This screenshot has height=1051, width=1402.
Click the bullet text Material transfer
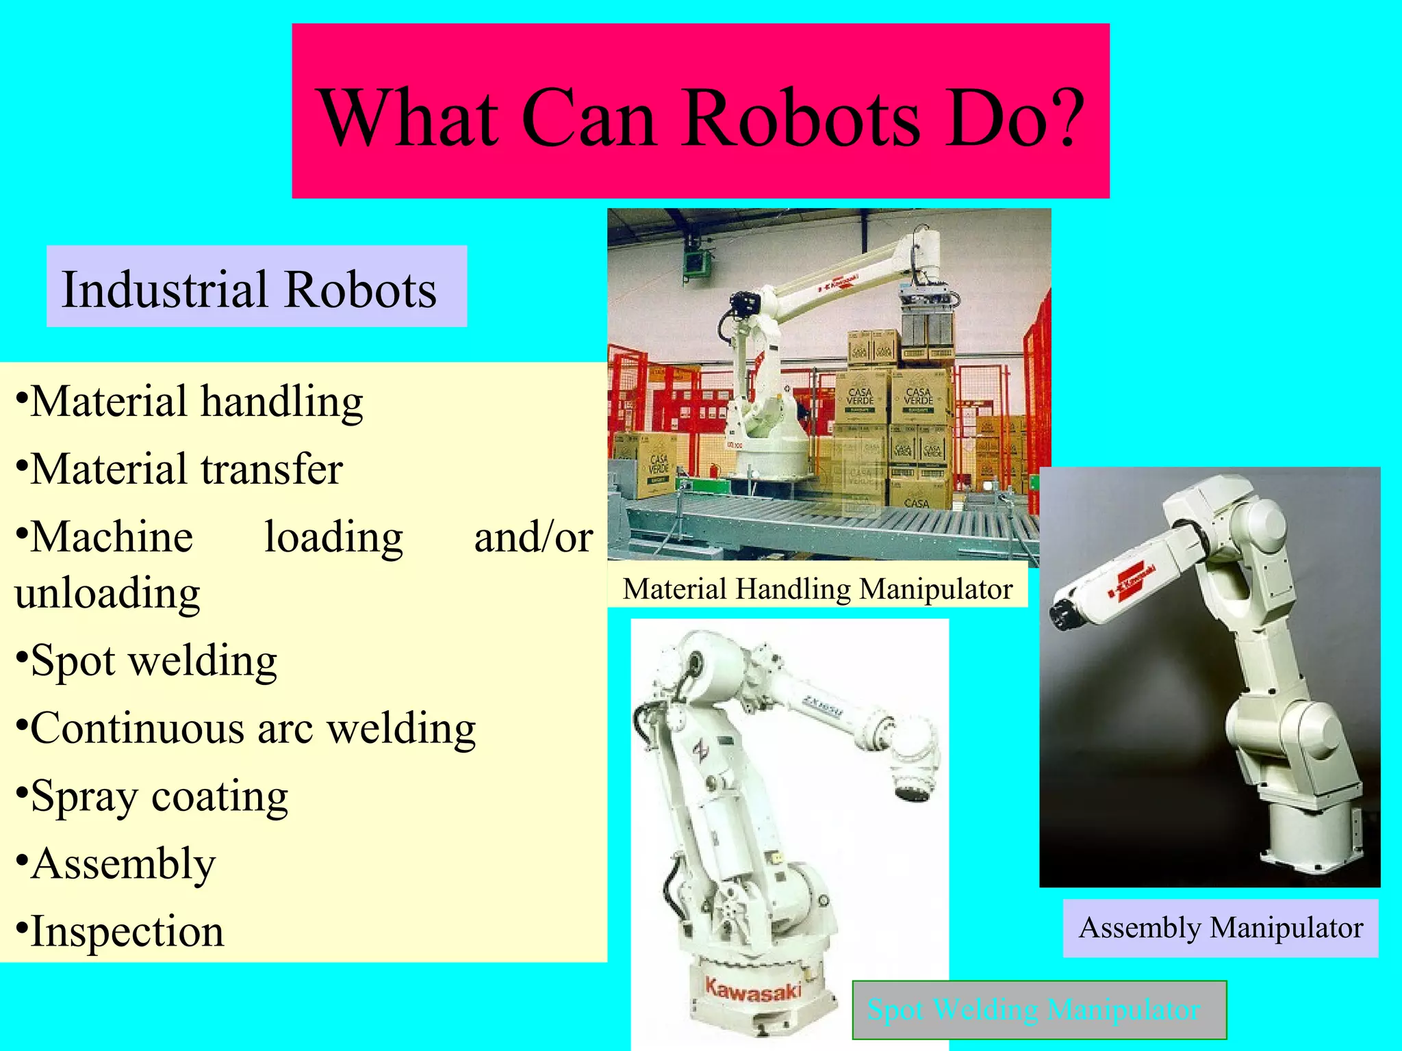(x=186, y=469)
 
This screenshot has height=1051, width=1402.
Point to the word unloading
(x=107, y=593)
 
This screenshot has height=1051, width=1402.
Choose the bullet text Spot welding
(x=154, y=661)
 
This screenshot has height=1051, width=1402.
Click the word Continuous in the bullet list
(x=137, y=728)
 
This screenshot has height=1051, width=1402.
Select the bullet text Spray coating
(x=160, y=796)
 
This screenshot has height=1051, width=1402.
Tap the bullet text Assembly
(x=123, y=864)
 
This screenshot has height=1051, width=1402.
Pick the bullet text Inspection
(x=127, y=931)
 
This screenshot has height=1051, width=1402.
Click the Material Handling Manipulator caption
(x=817, y=589)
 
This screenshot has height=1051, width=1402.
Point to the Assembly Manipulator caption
(x=1221, y=928)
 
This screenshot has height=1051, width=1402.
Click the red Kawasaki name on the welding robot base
(x=753, y=990)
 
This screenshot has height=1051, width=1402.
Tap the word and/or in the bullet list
(x=533, y=537)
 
